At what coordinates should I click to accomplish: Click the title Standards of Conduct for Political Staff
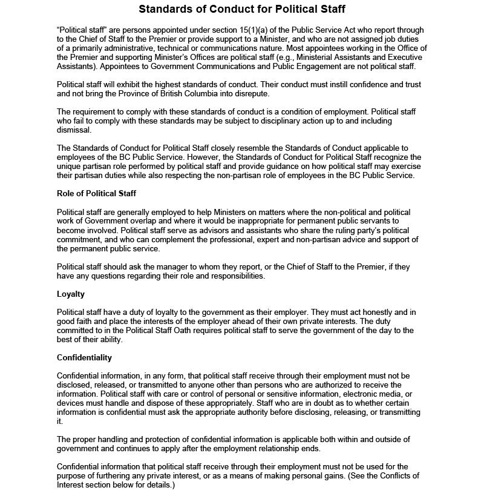(x=242, y=9)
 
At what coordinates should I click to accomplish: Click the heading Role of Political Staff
(x=96, y=193)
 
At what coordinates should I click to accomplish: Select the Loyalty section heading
(x=71, y=294)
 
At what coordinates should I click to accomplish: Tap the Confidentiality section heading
(x=84, y=357)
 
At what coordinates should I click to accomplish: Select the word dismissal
(x=73, y=130)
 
